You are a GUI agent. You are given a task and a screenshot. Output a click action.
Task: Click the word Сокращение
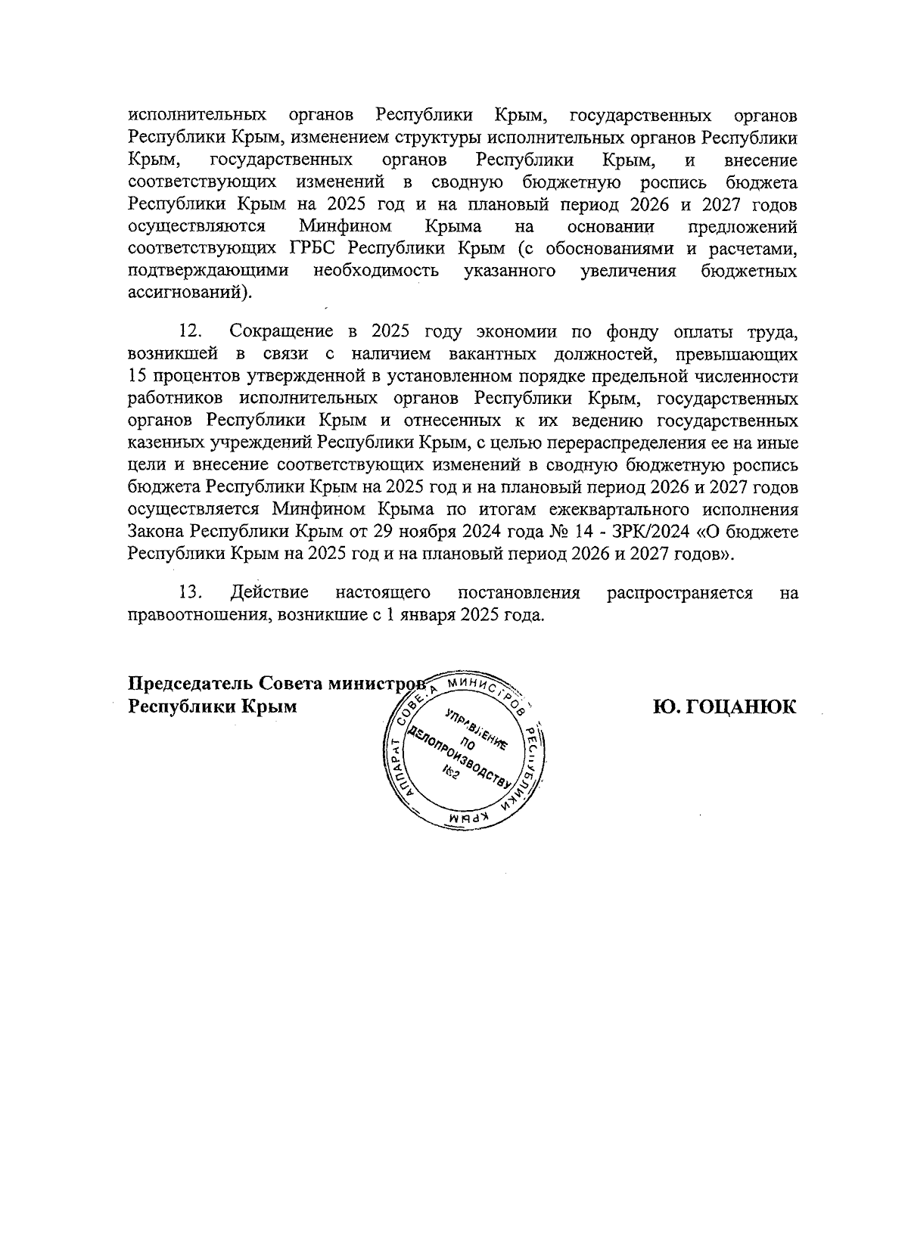[x=281, y=331]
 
